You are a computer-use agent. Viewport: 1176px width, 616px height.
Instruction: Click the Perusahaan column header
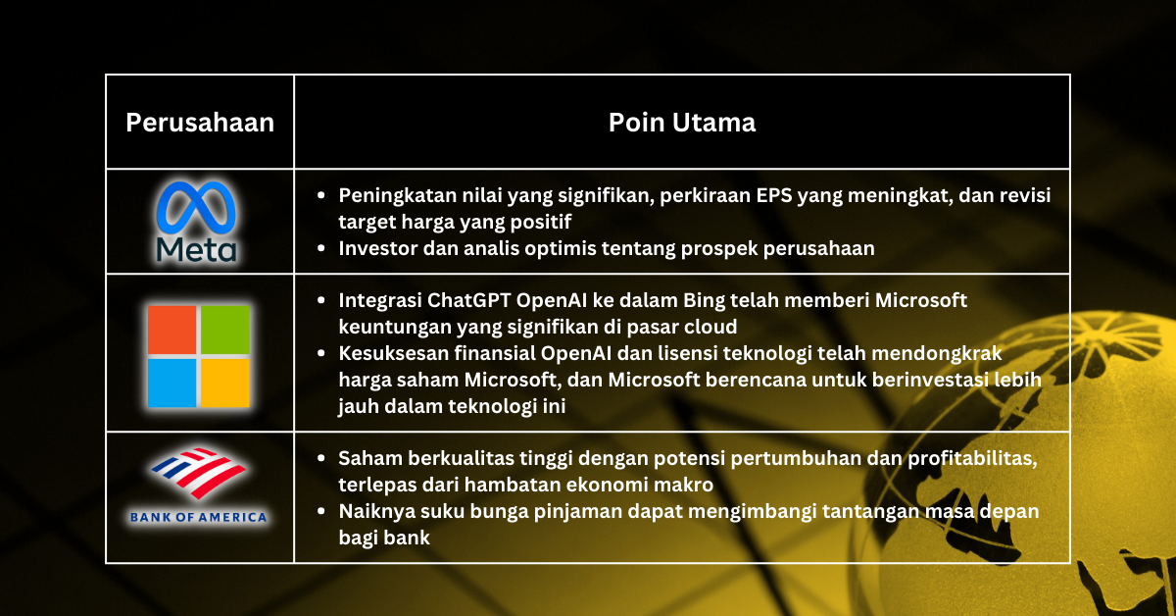pyautogui.click(x=200, y=123)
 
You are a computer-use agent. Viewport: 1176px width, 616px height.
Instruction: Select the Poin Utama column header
pyautogui.click(x=681, y=123)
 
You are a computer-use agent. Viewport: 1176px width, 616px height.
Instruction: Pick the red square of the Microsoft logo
pyautogui.click(x=171, y=329)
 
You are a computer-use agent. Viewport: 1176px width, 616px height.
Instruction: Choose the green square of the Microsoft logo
pyautogui.click(x=225, y=329)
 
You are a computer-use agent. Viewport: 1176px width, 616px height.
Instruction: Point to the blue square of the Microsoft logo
pyautogui.click(x=171, y=383)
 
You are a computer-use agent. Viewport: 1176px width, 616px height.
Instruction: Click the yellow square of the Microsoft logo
pyautogui.click(x=225, y=383)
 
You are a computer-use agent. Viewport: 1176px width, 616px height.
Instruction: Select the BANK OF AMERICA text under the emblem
pyautogui.click(x=199, y=516)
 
